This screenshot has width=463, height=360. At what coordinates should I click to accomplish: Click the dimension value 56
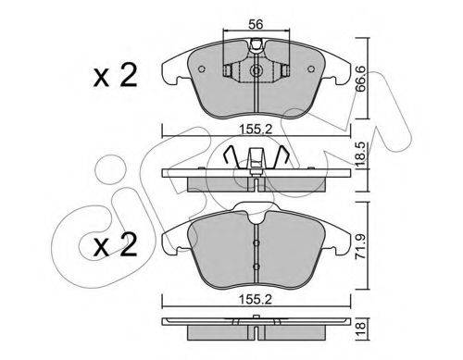[256, 24]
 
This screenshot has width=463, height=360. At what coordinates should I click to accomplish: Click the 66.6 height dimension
[360, 79]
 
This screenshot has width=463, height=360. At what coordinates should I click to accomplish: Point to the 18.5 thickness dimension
[360, 155]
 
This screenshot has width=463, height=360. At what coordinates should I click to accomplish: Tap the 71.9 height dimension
[360, 245]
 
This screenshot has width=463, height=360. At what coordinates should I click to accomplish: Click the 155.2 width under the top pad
[256, 130]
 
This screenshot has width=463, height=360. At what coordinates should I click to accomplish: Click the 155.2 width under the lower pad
[256, 299]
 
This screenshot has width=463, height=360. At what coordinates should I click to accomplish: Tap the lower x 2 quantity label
[115, 244]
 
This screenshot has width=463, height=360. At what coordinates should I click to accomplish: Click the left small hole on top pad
[202, 69]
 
